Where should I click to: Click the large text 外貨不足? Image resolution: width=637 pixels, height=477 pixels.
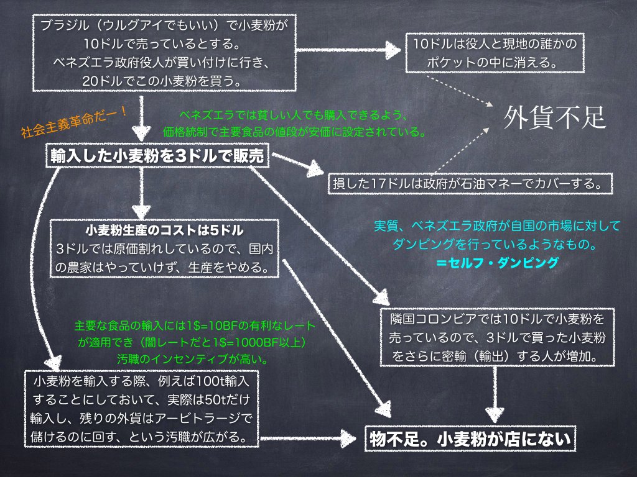pyautogui.click(x=555, y=116)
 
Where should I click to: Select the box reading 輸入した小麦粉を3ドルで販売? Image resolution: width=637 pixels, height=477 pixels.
pyautogui.click(x=157, y=157)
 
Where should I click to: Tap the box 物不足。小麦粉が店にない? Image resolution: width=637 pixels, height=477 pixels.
pyautogui.click(x=468, y=438)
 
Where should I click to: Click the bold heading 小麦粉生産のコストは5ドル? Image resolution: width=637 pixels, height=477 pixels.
pyautogui.click(x=164, y=231)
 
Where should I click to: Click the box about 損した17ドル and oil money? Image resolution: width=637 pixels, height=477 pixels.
pyautogui.click(x=471, y=184)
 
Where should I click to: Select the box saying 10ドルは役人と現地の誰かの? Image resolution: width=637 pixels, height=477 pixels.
pyautogui.click(x=495, y=45)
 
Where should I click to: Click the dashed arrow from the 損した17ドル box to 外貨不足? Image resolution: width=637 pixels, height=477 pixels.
pyautogui.click(x=461, y=150)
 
